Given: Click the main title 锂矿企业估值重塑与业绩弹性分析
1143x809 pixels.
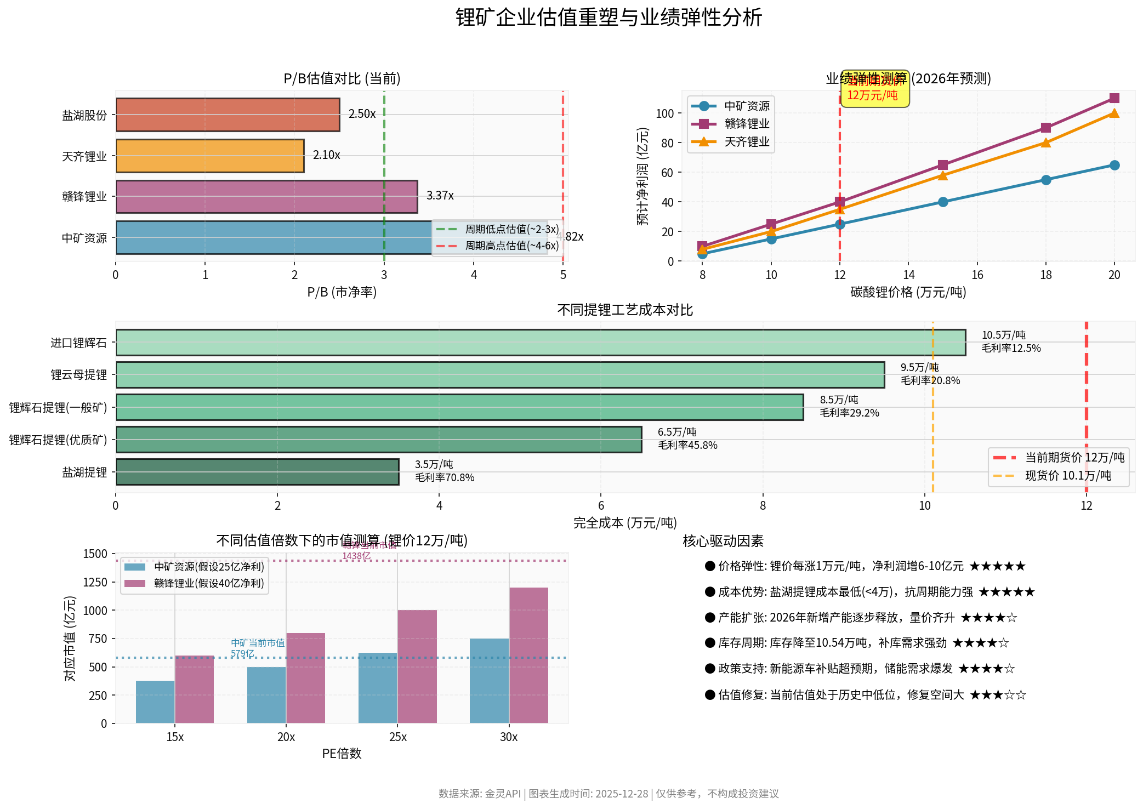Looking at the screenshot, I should [x=609, y=18].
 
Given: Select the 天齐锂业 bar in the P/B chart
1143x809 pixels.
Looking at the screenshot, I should [x=210, y=156].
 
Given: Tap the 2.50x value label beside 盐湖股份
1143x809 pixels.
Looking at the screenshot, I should [x=362, y=114].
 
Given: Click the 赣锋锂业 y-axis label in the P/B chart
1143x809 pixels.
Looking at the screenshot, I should [x=84, y=197].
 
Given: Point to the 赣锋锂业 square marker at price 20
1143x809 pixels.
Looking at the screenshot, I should [x=1114, y=98].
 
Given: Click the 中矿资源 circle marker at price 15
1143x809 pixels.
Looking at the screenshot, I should [x=942, y=202].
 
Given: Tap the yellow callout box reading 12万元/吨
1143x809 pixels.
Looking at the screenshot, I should [x=875, y=89].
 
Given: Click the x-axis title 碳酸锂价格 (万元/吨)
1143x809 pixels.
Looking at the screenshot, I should [x=908, y=292].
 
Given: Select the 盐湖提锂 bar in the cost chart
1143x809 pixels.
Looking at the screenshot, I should [x=257, y=472].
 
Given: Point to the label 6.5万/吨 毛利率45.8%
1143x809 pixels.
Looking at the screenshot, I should [x=687, y=438].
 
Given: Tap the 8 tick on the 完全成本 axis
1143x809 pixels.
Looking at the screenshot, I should [x=763, y=505].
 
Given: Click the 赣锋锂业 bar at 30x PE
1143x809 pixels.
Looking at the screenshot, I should [x=528, y=655].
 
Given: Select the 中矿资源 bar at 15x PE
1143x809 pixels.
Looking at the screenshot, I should [x=155, y=702].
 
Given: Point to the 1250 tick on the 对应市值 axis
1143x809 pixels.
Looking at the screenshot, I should [x=95, y=582].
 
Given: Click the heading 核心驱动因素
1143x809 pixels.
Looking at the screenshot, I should [x=723, y=542].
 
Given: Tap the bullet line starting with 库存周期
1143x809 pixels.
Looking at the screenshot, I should [x=856, y=643].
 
